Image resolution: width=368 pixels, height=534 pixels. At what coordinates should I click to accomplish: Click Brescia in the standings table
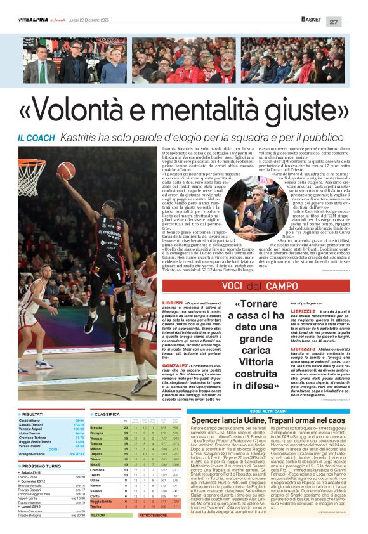[97, 428]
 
